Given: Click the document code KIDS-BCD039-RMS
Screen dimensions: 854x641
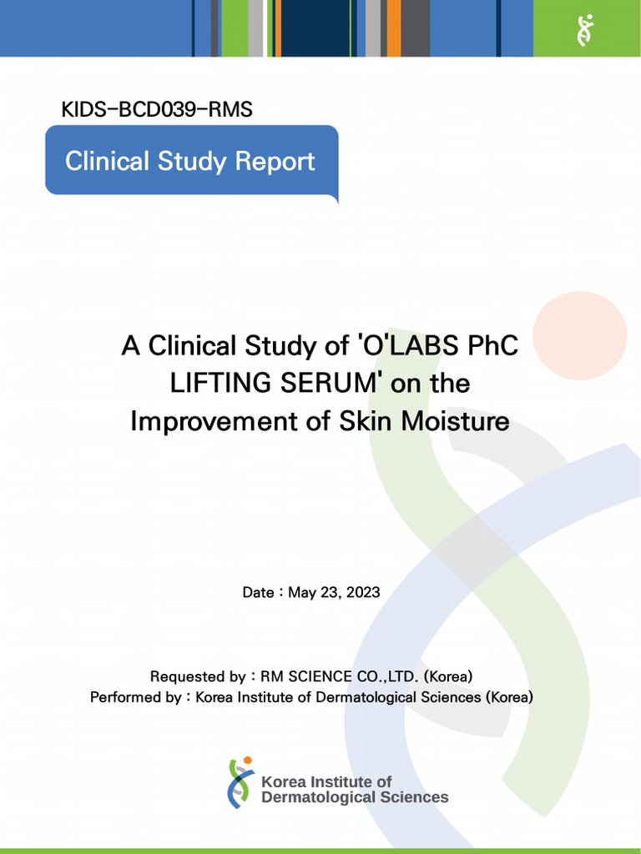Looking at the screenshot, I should [157, 109].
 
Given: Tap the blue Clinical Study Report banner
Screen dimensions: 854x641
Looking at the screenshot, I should [190, 161].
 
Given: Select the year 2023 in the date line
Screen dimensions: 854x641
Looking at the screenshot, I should [363, 592].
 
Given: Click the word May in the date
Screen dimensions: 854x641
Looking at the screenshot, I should [301, 592].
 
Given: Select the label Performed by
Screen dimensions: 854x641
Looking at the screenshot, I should [135, 697].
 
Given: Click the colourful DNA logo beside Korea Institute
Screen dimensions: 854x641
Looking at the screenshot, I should [240, 782].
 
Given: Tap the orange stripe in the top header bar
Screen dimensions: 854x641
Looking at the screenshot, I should [393, 28].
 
